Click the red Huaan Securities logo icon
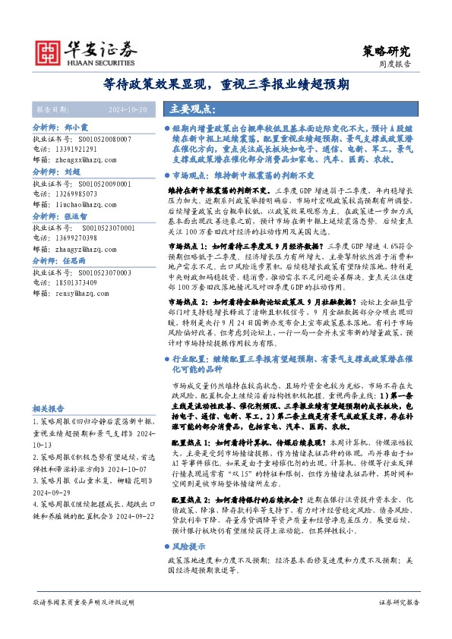point(49,51)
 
